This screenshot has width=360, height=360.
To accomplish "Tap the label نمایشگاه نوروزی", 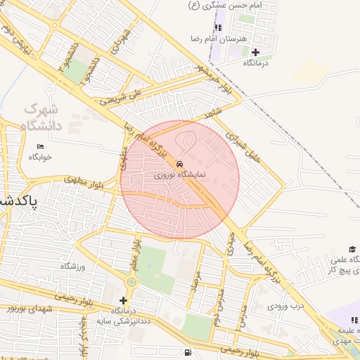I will point(179,173).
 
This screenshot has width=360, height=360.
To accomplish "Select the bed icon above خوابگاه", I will point(40,146).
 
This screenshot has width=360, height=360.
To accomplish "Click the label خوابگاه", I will point(40,157).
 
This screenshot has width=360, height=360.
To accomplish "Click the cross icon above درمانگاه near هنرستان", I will point(255,52).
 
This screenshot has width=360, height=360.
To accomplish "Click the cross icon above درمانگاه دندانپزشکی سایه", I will point(123,300).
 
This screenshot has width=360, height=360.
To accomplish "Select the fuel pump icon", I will point(186,352).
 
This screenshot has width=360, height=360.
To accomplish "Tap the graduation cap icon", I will point(352,250).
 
